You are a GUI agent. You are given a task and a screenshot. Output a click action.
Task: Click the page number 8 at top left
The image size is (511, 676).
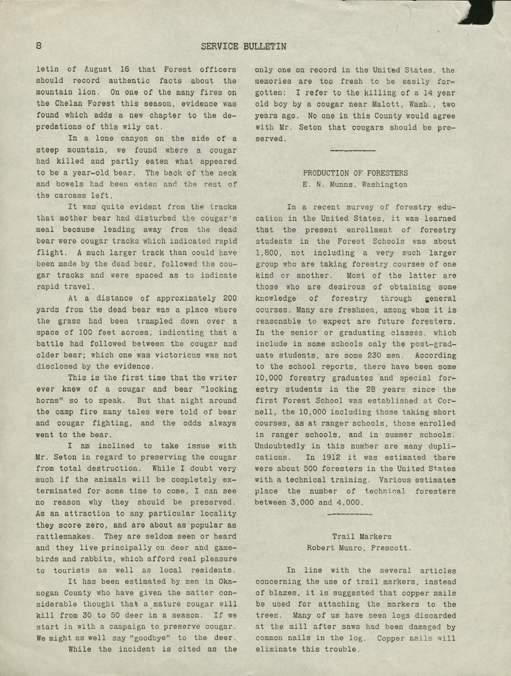click(39, 46)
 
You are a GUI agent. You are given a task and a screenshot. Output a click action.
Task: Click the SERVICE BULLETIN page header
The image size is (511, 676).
click(243, 46)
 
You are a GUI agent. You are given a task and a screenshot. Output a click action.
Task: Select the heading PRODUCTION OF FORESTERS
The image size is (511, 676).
click(355, 173)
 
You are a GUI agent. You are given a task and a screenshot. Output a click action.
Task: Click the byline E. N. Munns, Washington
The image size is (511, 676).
click(355, 185)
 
